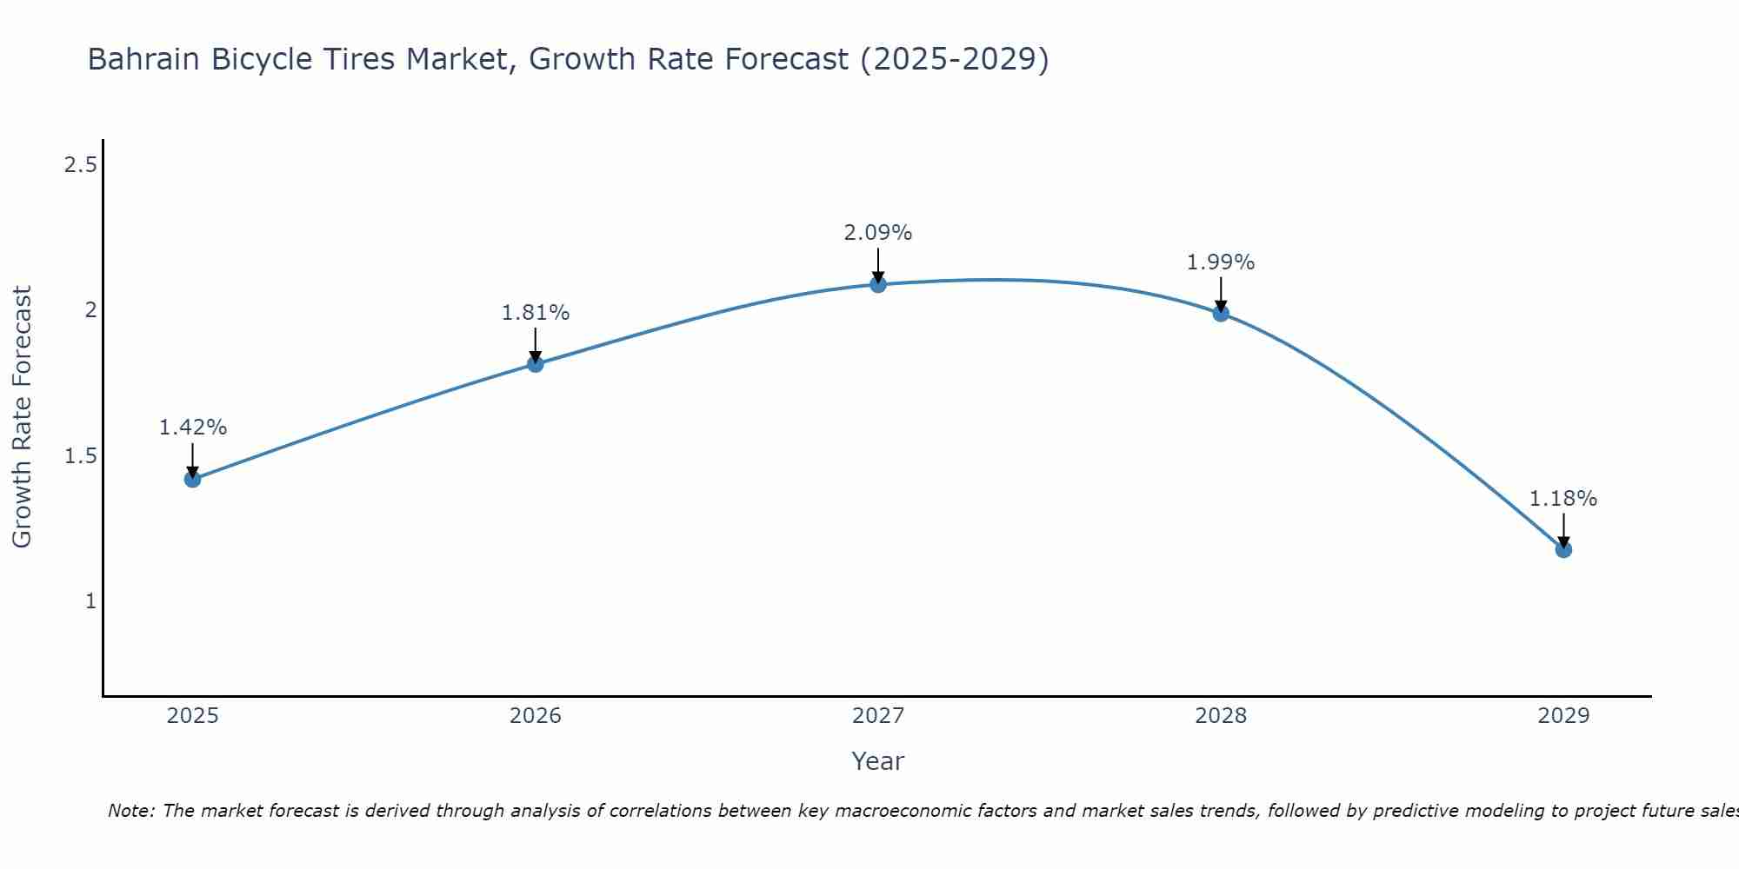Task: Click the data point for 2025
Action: (192, 479)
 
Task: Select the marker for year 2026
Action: (536, 364)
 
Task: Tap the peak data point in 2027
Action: (878, 284)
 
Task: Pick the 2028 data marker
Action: (1221, 313)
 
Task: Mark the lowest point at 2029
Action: (1563, 549)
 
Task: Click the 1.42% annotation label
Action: (193, 428)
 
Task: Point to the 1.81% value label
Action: (536, 313)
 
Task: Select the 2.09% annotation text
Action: (878, 233)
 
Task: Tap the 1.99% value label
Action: (1221, 262)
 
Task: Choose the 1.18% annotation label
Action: (1563, 499)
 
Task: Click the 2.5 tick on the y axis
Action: (80, 164)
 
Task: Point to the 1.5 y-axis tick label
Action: (80, 455)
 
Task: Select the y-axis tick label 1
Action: (90, 600)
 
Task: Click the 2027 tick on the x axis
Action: (878, 716)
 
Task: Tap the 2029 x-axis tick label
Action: (1563, 716)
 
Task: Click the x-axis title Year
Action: (878, 761)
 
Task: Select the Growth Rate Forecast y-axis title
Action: (23, 417)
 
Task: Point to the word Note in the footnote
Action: (130, 811)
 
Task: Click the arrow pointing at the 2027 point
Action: (878, 265)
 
